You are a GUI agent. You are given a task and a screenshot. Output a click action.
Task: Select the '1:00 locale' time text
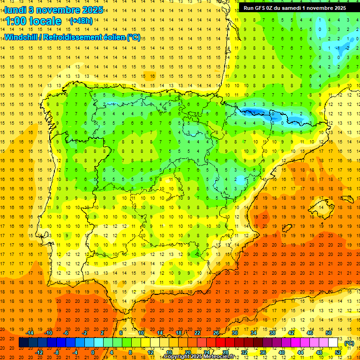pos(33,21)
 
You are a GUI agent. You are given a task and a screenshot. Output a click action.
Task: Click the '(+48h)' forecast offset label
pos(81,21)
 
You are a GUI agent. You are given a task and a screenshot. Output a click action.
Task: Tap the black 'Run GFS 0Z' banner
pos(294,8)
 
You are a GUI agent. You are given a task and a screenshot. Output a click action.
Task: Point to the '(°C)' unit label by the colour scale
pos(349,343)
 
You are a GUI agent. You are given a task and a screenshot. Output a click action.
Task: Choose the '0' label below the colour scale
pos(93,352)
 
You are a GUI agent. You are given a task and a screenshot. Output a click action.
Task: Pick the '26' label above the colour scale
pos(216,333)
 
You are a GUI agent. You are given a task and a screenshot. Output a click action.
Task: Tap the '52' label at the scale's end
pos(338,352)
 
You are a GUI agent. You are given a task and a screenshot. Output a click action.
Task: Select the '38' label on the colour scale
pos(272,333)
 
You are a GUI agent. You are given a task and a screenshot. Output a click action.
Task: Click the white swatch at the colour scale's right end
pos(333,343)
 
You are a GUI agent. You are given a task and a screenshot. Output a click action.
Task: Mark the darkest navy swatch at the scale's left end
pos(23,343)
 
